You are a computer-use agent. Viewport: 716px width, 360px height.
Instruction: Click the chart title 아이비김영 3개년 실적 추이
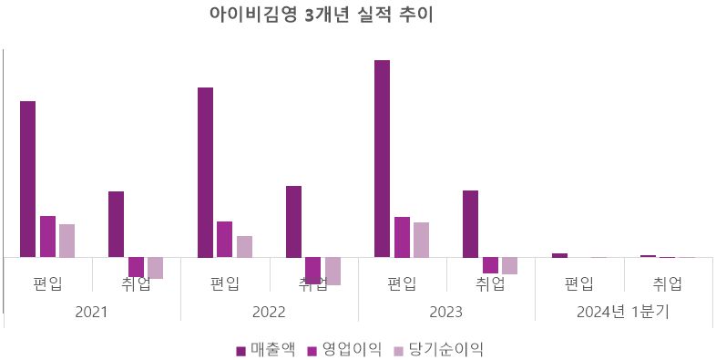[321, 16]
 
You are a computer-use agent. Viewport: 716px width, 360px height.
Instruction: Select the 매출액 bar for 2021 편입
[28, 179]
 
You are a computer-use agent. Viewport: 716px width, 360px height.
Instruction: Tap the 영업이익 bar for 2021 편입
[47, 236]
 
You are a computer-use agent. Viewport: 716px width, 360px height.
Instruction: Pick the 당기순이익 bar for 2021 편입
[66, 241]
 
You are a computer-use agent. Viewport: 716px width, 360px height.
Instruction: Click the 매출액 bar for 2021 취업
[116, 224]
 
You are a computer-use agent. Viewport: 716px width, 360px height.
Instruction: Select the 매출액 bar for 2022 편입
[205, 172]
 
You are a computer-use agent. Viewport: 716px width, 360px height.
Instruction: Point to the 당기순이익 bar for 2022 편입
[244, 246]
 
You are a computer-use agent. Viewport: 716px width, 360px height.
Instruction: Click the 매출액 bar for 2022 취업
[293, 221]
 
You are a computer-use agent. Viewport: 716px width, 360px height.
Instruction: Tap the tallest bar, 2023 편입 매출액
[382, 159]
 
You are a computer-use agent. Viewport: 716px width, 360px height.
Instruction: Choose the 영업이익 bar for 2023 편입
[402, 237]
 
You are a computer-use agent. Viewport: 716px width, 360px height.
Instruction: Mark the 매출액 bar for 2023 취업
[470, 223]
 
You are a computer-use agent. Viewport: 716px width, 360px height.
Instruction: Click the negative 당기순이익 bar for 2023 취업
[509, 265]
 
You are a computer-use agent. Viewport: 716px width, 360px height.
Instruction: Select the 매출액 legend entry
[265, 348]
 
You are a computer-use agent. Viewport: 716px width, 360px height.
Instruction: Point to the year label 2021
[91, 312]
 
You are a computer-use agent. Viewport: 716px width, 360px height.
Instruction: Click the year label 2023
[445, 312]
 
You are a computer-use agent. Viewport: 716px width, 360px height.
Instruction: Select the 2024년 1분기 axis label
[623, 312]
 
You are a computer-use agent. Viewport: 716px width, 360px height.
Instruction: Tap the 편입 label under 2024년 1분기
[578, 283]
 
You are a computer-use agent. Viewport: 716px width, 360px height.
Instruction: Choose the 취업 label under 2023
[490, 283]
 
